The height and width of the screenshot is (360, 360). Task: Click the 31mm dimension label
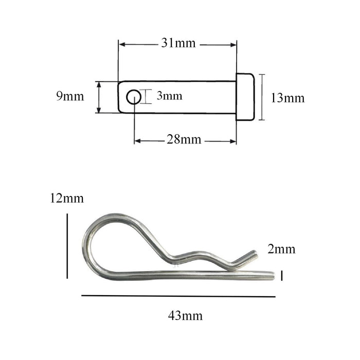coord(178,44)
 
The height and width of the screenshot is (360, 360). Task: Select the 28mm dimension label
coord(184,140)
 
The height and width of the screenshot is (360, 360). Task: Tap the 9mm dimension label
coord(70,96)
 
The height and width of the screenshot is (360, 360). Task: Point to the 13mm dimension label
coord(287,98)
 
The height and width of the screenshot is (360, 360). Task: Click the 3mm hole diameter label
coord(169,96)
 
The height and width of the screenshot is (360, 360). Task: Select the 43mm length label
coord(185,315)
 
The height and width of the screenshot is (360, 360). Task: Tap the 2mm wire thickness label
coord(281,249)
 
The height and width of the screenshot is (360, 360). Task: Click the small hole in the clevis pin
coord(134,97)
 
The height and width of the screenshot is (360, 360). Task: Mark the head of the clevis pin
coord(245,97)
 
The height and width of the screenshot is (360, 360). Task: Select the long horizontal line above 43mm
coord(178,296)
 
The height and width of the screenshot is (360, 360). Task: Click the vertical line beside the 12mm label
coord(67,247)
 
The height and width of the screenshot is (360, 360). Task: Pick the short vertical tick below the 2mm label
coord(282,276)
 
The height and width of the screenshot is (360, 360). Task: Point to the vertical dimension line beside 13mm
coord(262,97)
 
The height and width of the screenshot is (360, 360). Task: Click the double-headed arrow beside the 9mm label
coord(98,97)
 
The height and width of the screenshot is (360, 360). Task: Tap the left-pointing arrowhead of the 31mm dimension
coord(122,45)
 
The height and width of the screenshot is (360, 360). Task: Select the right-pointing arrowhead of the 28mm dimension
coord(233,141)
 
